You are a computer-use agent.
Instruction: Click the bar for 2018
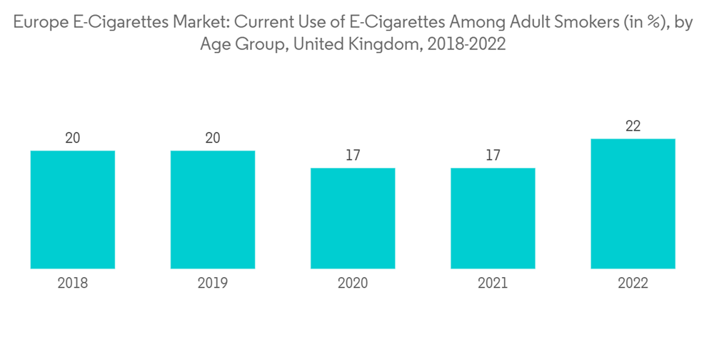pyautogui.click(x=73, y=209)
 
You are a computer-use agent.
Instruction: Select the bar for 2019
pyautogui.click(x=213, y=209)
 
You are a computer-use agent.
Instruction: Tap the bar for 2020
pyautogui.click(x=353, y=218)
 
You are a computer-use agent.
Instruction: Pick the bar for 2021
pyautogui.click(x=493, y=218)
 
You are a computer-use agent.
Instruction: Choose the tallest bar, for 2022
pyautogui.click(x=633, y=204)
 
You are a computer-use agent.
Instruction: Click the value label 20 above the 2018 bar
pyautogui.click(x=73, y=138)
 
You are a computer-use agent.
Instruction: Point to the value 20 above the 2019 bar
pyautogui.click(x=213, y=138)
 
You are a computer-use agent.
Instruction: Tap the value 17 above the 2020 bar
pyautogui.click(x=353, y=155)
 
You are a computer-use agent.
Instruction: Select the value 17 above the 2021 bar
pyautogui.click(x=493, y=155)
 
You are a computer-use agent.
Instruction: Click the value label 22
pyautogui.click(x=633, y=126)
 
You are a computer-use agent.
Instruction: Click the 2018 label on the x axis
pyautogui.click(x=73, y=284)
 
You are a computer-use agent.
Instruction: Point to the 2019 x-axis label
pyautogui.click(x=213, y=284)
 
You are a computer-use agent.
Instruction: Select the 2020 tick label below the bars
pyautogui.click(x=353, y=284)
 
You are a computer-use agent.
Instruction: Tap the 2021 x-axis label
pyautogui.click(x=493, y=284)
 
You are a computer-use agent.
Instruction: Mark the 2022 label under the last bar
pyautogui.click(x=633, y=284)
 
